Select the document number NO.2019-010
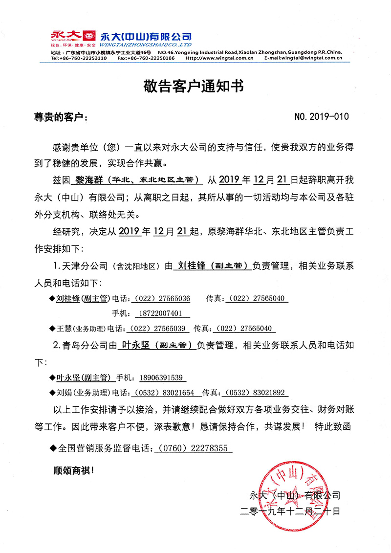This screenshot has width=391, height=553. [x=323, y=117]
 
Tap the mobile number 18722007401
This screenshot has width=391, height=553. [x=159, y=313]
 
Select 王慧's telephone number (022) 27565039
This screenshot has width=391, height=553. [x=155, y=329]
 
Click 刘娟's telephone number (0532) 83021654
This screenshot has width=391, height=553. [x=163, y=393]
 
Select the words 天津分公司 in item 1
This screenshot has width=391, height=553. [x=86, y=266]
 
